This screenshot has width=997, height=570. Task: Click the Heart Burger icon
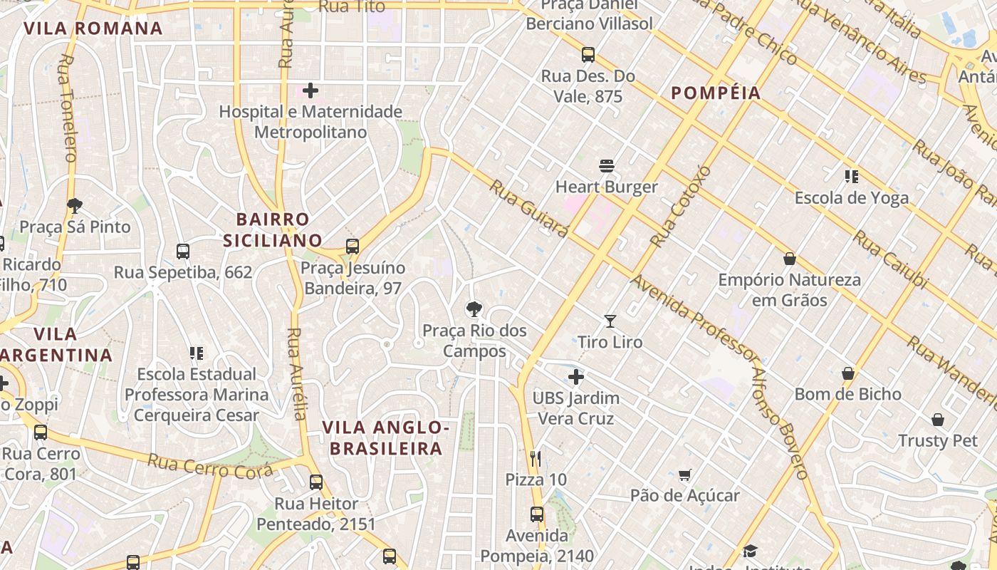607,166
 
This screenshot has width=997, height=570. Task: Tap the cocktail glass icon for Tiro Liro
610,321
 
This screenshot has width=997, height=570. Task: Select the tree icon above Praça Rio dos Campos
474,309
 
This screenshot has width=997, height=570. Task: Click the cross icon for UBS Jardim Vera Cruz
576,377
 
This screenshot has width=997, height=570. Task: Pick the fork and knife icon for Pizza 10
536,458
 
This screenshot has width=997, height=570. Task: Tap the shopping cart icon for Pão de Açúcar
685,475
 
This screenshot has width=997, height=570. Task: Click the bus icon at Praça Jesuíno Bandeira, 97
353,247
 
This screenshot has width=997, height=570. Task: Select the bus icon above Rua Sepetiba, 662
183,252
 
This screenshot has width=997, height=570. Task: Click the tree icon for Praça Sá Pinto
75,206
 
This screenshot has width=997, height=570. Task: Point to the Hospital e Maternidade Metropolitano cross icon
310,90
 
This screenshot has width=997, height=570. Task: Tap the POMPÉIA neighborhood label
716,93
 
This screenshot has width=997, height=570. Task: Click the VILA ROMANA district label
93,28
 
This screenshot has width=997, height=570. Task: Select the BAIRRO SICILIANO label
273,229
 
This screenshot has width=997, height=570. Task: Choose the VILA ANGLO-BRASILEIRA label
385,437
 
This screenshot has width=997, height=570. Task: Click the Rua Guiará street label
529,208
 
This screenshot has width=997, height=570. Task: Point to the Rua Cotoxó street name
681,207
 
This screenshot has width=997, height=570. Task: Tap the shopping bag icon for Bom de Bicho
848,373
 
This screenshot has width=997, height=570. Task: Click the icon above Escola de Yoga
851,176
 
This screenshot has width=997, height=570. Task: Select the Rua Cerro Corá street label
209,467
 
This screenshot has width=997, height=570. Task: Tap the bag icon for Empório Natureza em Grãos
789,259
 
